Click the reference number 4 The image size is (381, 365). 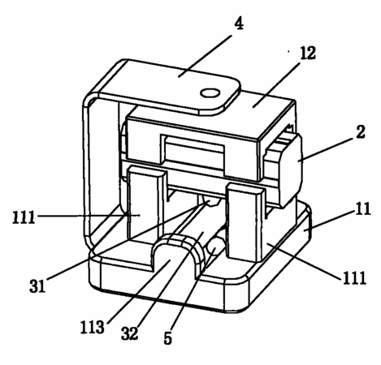[239, 24]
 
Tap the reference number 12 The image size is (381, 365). [308, 53]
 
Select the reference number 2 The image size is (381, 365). [361, 131]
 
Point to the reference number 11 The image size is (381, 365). [362, 208]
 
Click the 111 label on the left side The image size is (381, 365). [24, 217]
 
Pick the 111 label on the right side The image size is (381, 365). [355, 277]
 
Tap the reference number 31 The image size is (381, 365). [37, 286]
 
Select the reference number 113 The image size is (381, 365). [92, 327]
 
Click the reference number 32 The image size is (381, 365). [129, 333]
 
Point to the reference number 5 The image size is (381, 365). [168, 338]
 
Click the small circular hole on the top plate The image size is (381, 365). [210, 93]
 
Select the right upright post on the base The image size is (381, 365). [245, 221]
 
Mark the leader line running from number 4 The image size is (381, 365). [205, 56]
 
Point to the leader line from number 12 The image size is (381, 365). [276, 84]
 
